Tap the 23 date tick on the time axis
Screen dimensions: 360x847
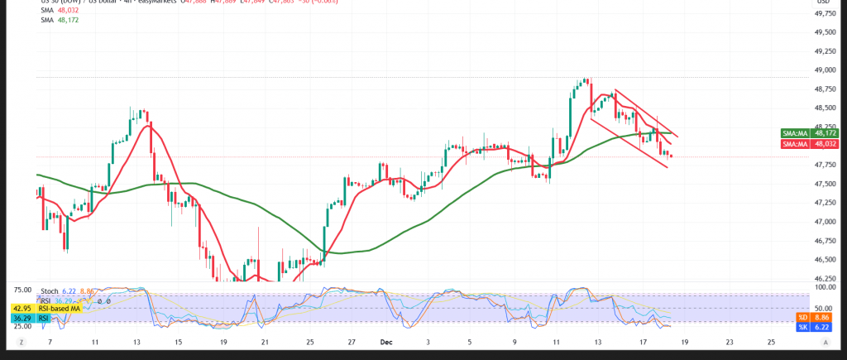point(729,341)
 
